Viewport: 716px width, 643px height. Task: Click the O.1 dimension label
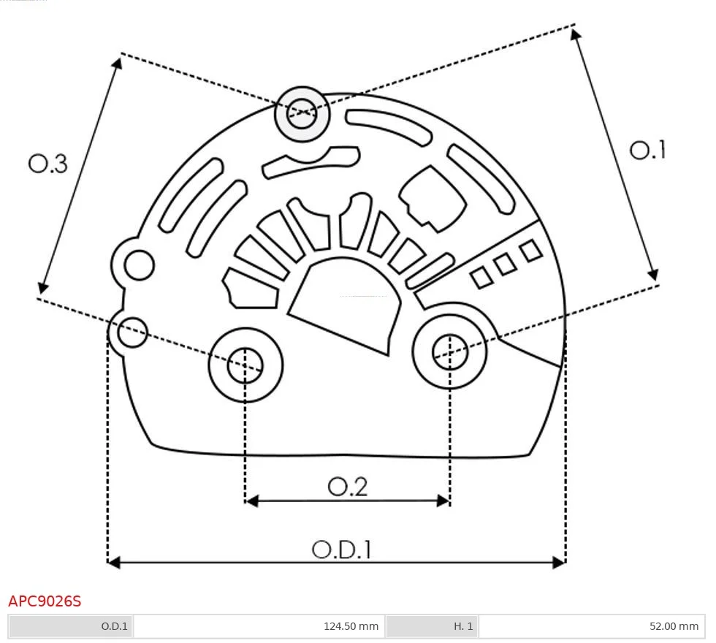point(647,150)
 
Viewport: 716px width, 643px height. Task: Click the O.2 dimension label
point(347,487)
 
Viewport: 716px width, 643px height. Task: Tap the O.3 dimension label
point(48,164)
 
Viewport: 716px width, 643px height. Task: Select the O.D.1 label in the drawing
point(342,549)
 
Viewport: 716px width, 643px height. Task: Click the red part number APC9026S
point(45,601)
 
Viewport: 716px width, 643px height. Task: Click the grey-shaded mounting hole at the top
point(302,113)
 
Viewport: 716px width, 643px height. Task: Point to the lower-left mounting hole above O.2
point(245,365)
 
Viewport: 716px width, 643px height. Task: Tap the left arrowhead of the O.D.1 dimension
point(113,562)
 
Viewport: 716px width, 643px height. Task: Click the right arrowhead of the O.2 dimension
point(443,501)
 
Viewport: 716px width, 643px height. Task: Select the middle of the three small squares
point(505,265)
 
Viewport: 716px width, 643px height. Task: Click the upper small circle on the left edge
point(138,265)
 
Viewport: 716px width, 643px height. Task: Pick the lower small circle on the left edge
point(133,332)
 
